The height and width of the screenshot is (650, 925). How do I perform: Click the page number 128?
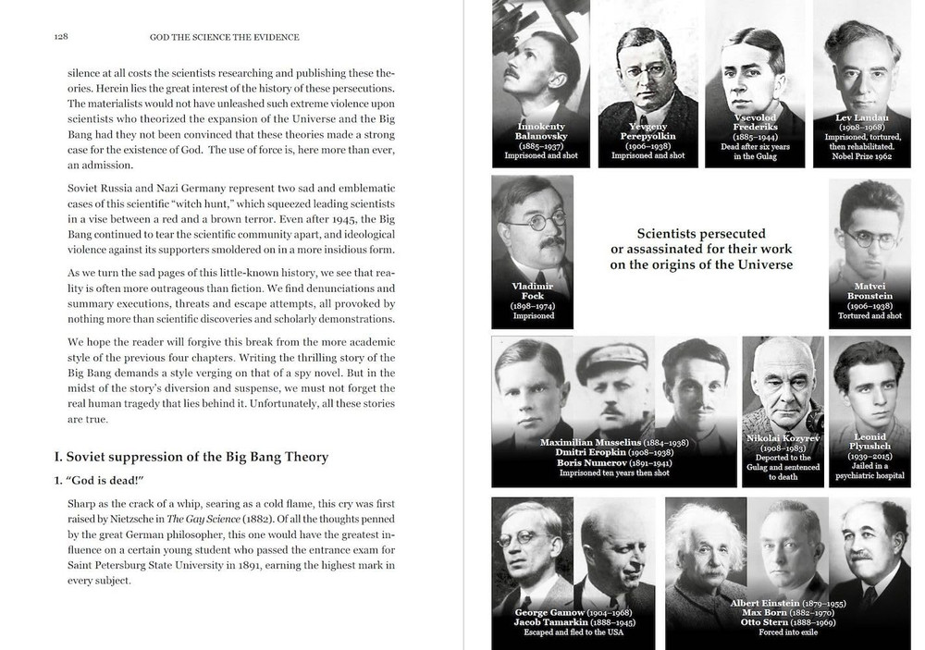[60, 37]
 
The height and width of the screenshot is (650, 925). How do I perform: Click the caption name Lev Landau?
[862, 117]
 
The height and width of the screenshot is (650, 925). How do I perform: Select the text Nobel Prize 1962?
[862, 157]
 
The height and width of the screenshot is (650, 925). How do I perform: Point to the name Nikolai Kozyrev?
[783, 437]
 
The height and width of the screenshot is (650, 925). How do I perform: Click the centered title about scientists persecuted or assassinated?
[701, 250]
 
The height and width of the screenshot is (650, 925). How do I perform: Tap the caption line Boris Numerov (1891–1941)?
[600, 462]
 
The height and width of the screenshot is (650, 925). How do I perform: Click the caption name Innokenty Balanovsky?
[541, 131]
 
